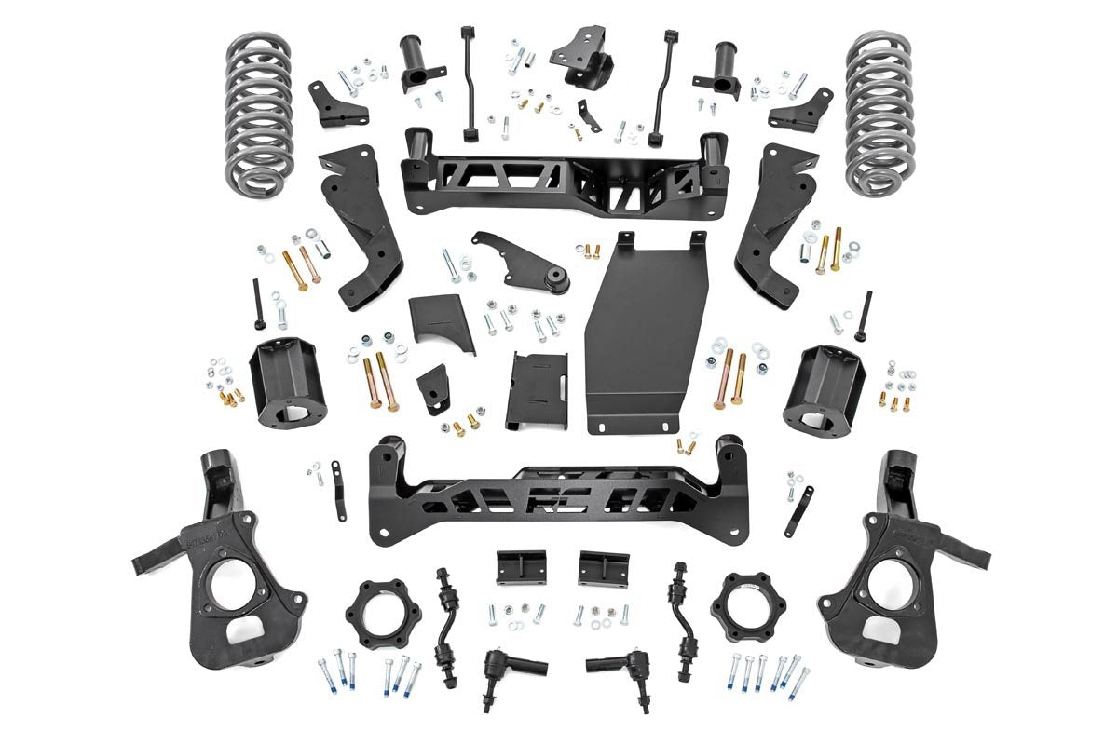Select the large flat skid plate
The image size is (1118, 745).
(x=646, y=335)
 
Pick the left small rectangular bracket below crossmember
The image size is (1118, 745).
(x=521, y=567)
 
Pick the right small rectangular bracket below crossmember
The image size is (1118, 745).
(x=604, y=567)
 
